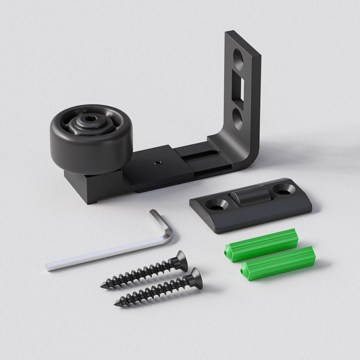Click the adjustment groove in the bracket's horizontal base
tap(202, 155)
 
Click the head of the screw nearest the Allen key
tap(181, 261)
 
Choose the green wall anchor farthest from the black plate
tap(278, 262)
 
